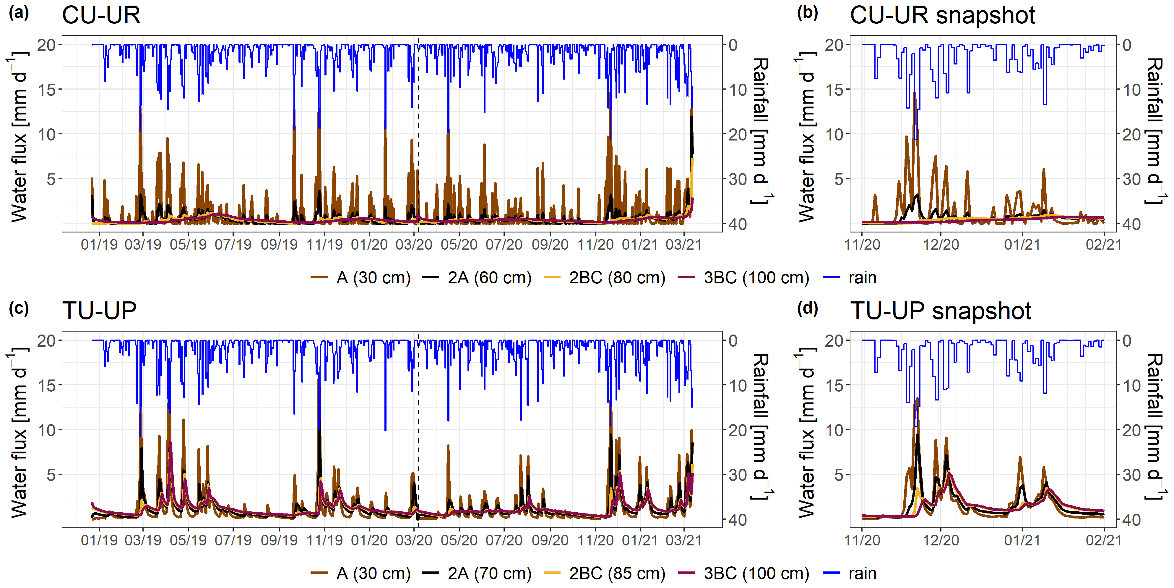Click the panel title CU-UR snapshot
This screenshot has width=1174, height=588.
[x=942, y=15]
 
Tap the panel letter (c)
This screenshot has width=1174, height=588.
[x=19, y=308]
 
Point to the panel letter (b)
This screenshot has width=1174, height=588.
[x=807, y=13]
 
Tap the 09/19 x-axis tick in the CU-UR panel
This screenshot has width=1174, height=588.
[x=279, y=245]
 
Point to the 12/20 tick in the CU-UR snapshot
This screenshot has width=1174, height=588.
[x=941, y=245]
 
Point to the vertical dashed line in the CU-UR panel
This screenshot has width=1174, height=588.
[x=418, y=137]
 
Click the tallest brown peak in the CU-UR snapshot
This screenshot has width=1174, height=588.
[x=914, y=93]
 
